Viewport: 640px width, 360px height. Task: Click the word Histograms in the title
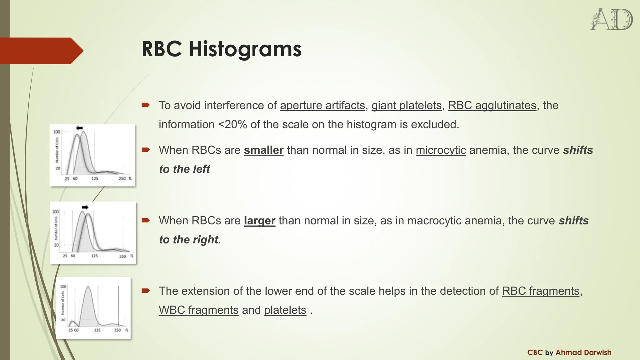(x=245, y=49)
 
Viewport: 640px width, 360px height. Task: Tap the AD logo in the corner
(x=611, y=19)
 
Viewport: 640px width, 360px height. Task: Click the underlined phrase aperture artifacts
(x=322, y=106)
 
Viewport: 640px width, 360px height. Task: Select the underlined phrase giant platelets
(x=406, y=106)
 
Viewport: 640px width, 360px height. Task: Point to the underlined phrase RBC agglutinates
(x=492, y=106)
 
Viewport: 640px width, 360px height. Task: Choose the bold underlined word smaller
(x=263, y=150)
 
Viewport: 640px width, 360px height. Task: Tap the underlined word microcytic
(x=441, y=150)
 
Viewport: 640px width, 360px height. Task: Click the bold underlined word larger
(x=259, y=221)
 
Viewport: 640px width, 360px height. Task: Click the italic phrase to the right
(x=188, y=240)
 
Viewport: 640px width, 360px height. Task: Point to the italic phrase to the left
(x=184, y=169)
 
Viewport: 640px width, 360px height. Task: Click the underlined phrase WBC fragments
(x=198, y=310)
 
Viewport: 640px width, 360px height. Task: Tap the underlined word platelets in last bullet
(x=285, y=310)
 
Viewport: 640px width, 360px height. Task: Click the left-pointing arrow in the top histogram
(x=79, y=128)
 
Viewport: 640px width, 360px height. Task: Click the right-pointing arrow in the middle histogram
(x=85, y=207)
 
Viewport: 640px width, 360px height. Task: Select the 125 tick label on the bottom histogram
(x=97, y=330)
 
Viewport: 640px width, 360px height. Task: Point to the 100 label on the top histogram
(x=57, y=132)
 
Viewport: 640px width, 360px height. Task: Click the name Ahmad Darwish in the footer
(x=583, y=352)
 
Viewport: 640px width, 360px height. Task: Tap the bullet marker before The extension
(x=146, y=291)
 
